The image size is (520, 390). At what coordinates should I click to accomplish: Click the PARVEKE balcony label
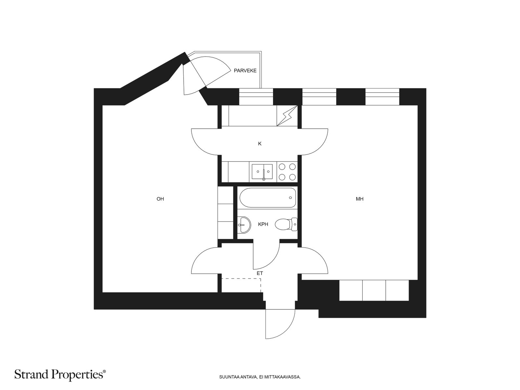[x=245, y=71]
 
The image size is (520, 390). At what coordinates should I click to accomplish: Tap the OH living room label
[x=160, y=199]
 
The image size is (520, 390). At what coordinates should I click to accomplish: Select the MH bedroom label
[x=359, y=199]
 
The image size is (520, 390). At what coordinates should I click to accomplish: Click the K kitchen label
[x=260, y=144]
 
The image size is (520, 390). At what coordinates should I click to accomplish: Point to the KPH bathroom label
[x=263, y=224]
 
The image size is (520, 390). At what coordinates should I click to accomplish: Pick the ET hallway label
[x=260, y=273]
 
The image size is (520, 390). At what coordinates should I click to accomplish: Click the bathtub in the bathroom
[x=267, y=198]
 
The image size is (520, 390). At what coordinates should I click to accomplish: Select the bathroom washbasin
[x=244, y=225]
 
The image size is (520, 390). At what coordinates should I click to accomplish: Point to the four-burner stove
[x=287, y=172]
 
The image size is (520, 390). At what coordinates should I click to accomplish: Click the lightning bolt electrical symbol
[x=287, y=116]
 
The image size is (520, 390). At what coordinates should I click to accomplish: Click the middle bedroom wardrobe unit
[x=374, y=290]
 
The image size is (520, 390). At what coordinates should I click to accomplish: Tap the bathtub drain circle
[x=290, y=198]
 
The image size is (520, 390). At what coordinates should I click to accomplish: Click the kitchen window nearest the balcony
[x=256, y=97]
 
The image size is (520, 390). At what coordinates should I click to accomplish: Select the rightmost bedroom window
[x=382, y=97]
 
